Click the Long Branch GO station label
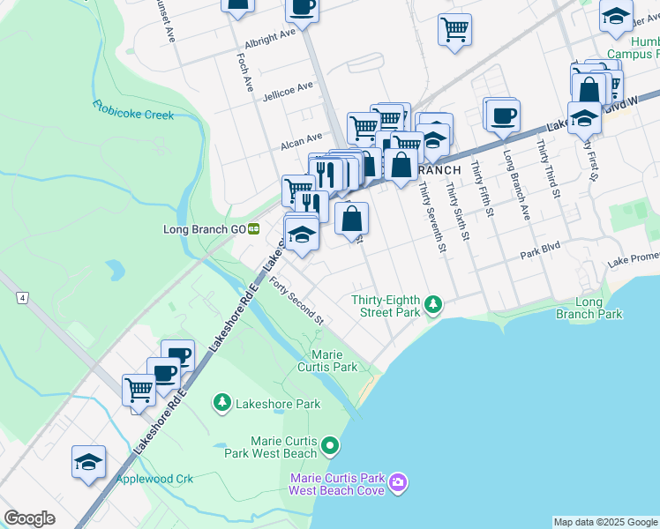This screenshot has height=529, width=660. coord(204,229)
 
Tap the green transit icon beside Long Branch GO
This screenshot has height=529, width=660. coord(254,229)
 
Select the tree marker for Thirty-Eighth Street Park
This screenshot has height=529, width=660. coord(432,305)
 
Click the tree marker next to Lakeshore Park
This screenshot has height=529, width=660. coord(221,403)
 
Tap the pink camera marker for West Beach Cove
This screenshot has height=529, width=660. coord(398,482)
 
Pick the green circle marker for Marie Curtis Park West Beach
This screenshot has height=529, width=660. coord(330,446)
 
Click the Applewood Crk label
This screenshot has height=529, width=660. coord(154,479)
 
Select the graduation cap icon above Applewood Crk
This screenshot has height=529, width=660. coord(88,462)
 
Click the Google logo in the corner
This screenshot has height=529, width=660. coord(29,518)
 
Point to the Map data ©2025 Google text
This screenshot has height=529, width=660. coord(605,522)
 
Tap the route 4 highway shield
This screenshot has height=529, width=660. coord(19,299)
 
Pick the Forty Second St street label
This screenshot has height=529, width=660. coord(297,301)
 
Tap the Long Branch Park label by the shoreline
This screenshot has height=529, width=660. coord(588,309)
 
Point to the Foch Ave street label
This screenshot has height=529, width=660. coord(245,71)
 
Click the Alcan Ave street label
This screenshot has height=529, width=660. coord(302,140)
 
